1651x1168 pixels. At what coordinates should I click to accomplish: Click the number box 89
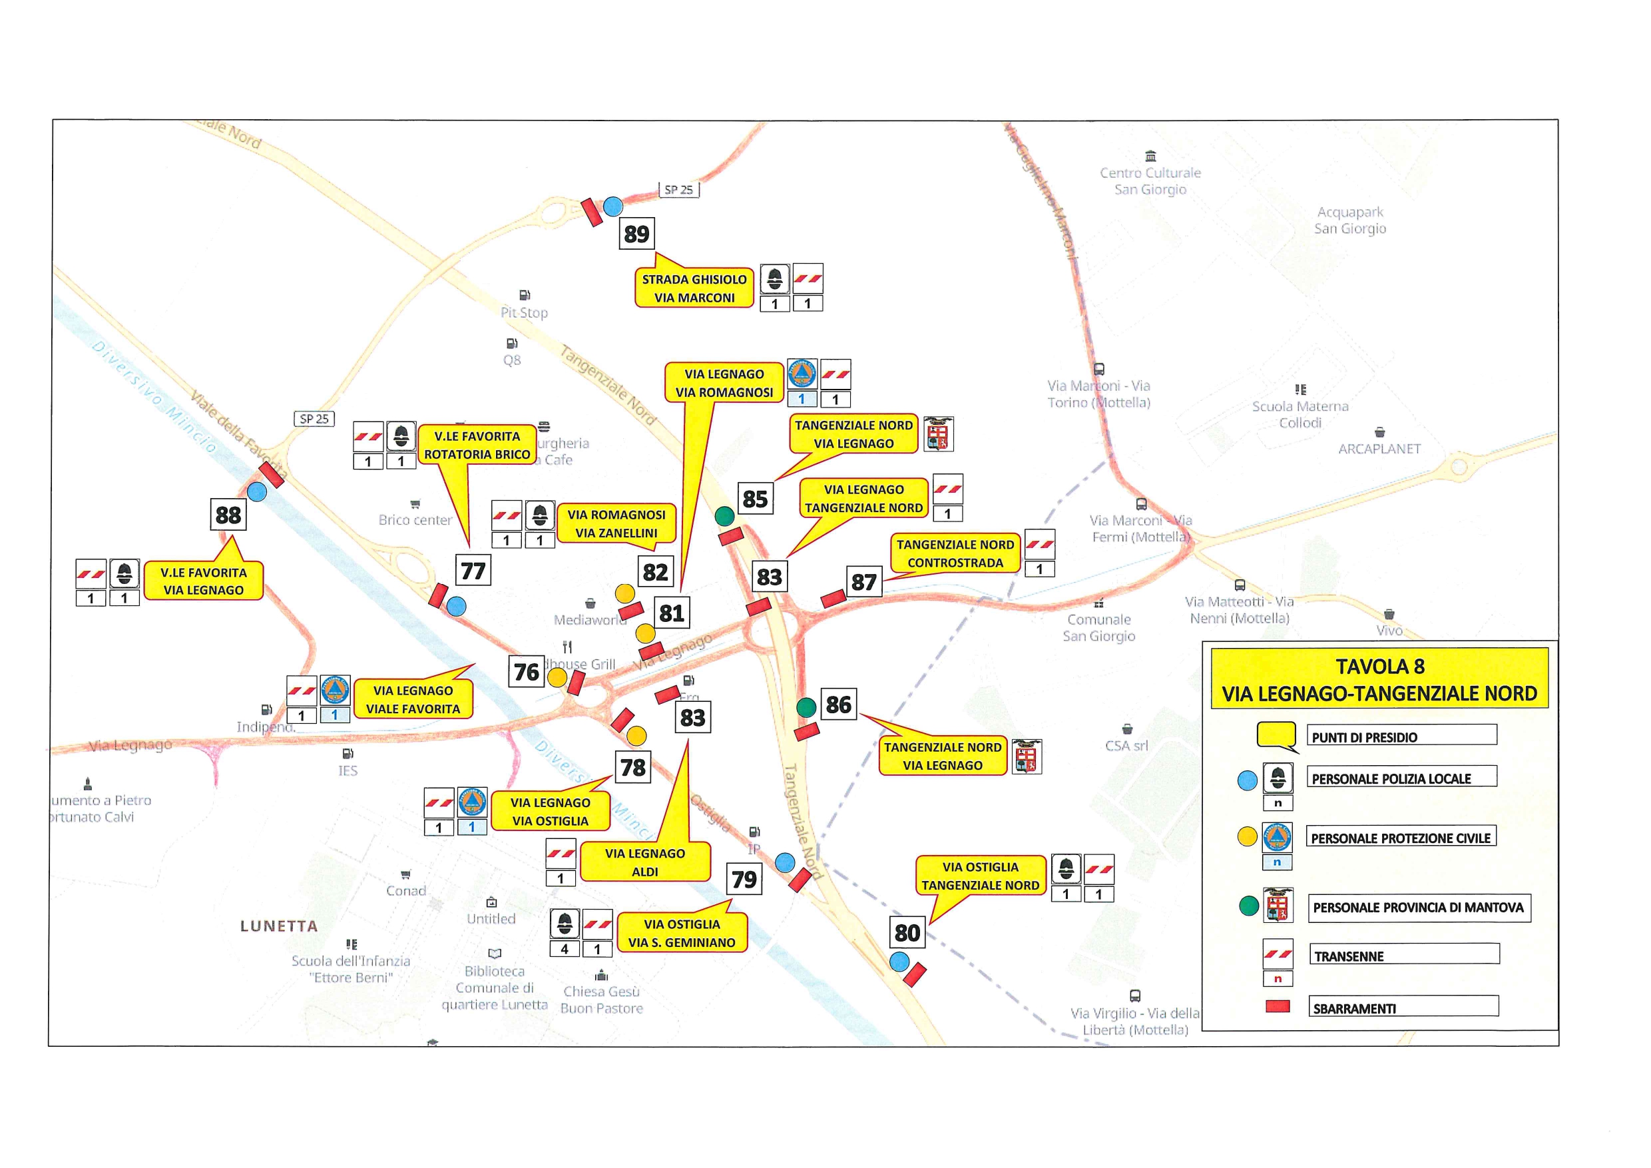pyautogui.click(x=636, y=234)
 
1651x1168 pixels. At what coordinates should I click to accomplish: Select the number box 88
pyautogui.click(x=228, y=515)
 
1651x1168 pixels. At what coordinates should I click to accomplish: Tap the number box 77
pyautogui.click(x=473, y=570)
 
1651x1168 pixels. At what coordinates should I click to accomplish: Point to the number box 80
pyautogui.click(x=907, y=933)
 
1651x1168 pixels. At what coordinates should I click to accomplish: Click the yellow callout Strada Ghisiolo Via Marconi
pyautogui.click(x=694, y=288)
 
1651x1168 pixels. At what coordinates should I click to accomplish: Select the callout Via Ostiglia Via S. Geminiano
pyautogui.click(x=682, y=933)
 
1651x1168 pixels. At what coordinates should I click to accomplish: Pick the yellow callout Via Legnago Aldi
pyautogui.click(x=645, y=862)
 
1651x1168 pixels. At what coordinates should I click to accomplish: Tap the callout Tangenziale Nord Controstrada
pyautogui.click(x=955, y=554)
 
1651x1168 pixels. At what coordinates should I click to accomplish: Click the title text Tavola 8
pyautogui.click(x=1379, y=667)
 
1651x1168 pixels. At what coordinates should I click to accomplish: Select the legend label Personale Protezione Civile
pyautogui.click(x=1400, y=838)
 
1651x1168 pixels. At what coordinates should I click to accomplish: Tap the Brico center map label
pyautogui.click(x=415, y=519)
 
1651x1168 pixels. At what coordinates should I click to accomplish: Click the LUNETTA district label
pyautogui.click(x=279, y=926)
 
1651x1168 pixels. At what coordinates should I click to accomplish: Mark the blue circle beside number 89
pyautogui.click(x=612, y=206)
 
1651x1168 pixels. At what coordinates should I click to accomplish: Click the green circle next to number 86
pyautogui.click(x=806, y=707)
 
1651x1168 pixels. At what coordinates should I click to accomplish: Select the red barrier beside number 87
pyautogui.click(x=833, y=599)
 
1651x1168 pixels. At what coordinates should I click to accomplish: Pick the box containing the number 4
pyautogui.click(x=565, y=950)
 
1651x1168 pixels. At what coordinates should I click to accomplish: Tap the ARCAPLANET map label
pyautogui.click(x=1379, y=449)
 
